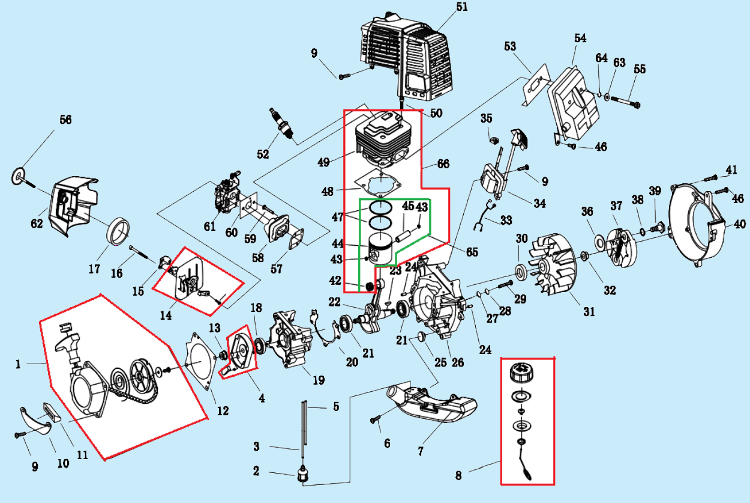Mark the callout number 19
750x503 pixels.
[319, 380]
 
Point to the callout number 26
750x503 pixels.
[458, 362]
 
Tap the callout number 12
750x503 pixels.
[223, 411]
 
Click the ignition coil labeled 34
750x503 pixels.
[493, 180]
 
